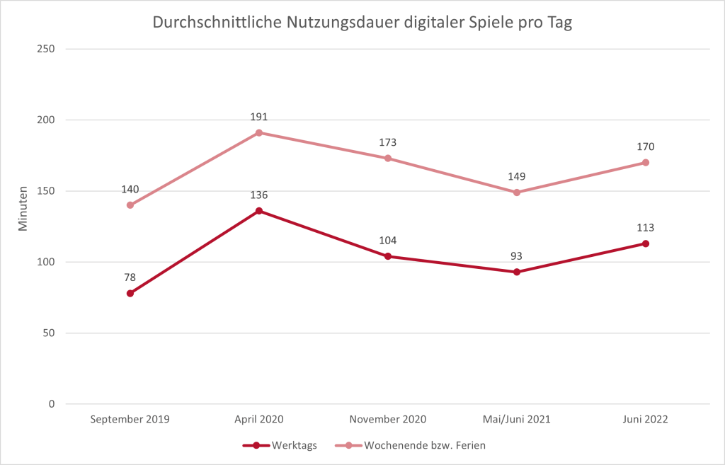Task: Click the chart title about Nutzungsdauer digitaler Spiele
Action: (x=362, y=23)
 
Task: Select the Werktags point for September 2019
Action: (x=130, y=293)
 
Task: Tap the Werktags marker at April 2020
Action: (x=259, y=211)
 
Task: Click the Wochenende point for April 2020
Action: (x=259, y=132)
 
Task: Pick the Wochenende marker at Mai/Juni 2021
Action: (x=517, y=193)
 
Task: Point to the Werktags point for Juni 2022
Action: (x=646, y=243)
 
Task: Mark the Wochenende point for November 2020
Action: (x=388, y=158)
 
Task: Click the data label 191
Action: (x=259, y=117)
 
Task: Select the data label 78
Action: (x=130, y=277)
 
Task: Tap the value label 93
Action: (x=517, y=256)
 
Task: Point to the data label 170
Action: (x=646, y=147)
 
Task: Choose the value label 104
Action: (x=388, y=241)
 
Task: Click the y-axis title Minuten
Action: (x=23, y=209)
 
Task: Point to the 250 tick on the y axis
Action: (x=47, y=49)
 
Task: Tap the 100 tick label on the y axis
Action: (x=47, y=262)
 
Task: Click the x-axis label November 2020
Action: (x=388, y=419)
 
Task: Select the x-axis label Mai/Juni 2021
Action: (x=517, y=419)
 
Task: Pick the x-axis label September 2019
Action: (x=130, y=419)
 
